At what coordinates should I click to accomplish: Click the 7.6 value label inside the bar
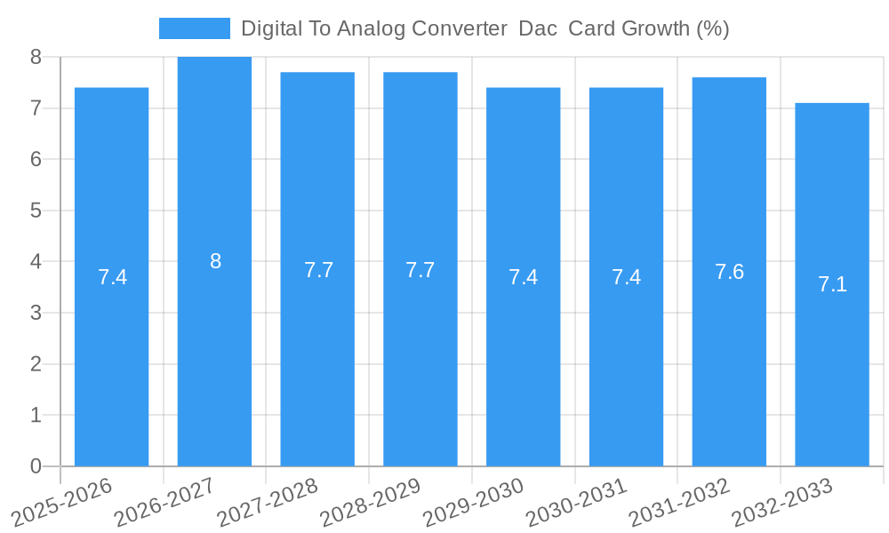pyautogui.click(x=729, y=272)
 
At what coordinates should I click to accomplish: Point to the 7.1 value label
pyautogui.click(x=832, y=284)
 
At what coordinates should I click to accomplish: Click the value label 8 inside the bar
pyautogui.click(x=215, y=261)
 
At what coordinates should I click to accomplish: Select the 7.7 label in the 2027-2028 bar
pyautogui.click(x=318, y=270)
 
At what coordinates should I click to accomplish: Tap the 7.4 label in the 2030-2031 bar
pyautogui.click(x=626, y=277)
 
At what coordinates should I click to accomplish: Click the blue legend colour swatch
pyautogui.click(x=194, y=28)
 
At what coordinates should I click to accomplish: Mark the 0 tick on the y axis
pyautogui.click(x=36, y=466)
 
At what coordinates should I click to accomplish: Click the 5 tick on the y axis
pyautogui.click(x=36, y=211)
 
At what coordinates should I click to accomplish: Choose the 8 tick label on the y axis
pyautogui.click(x=36, y=57)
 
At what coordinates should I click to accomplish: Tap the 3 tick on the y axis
pyautogui.click(x=36, y=313)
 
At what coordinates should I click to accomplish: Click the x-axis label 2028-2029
pyautogui.click(x=371, y=502)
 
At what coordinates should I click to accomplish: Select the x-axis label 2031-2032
pyautogui.click(x=680, y=502)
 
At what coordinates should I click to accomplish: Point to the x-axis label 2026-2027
pyautogui.click(x=164, y=502)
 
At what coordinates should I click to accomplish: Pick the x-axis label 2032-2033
pyautogui.click(x=782, y=502)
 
